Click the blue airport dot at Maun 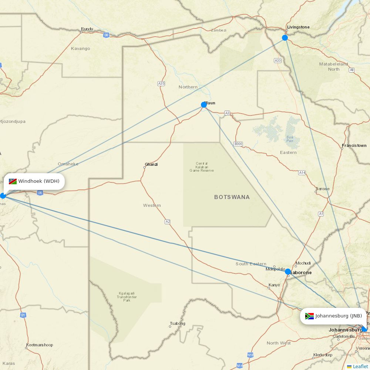point(204,105)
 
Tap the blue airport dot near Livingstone point(285,38)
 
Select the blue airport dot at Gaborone point(288,272)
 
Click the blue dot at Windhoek point(3,195)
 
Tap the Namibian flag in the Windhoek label point(13,181)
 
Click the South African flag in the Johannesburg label point(309,316)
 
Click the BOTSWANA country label point(232,197)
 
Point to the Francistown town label point(354,145)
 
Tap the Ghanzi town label point(151,164)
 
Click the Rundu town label point(87,29)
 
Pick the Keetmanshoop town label point(40,345)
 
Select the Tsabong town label point(177,323)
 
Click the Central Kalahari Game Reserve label point(202,167)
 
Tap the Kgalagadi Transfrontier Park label point(127,297)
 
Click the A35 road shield point(161,84)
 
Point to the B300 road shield point(238,144)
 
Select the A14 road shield point(302,172)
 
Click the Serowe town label point(322,189)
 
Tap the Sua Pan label point(290,139)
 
